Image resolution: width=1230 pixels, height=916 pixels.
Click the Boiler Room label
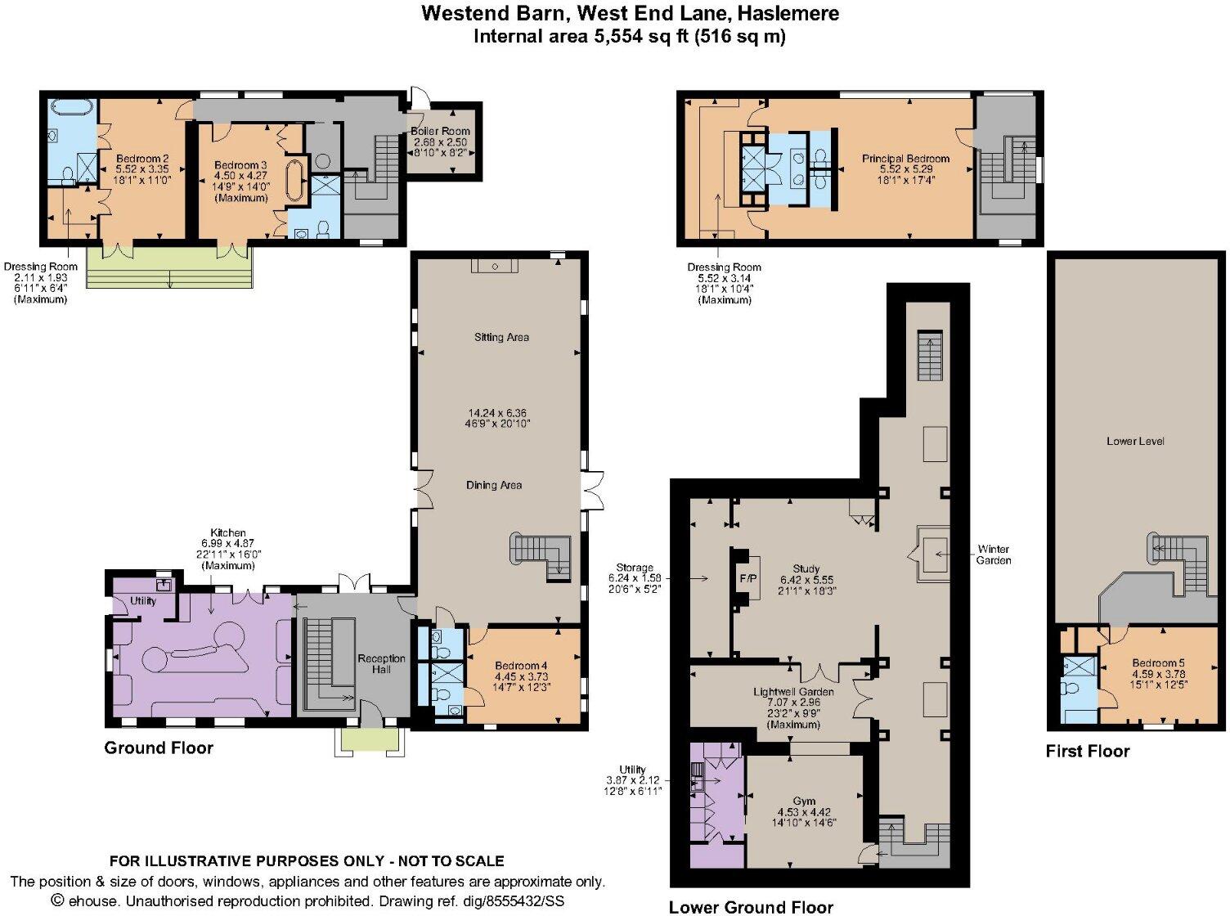point(441,132)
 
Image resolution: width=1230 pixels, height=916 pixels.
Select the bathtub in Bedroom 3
point(295,180)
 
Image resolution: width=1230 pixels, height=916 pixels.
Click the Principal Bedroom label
point(905,159)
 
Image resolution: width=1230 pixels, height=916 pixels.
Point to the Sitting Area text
point(501,337)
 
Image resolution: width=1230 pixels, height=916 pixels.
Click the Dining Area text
point(494,485)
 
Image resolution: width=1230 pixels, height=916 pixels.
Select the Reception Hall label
point(381,663)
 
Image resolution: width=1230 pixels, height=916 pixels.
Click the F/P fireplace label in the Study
point(748,578)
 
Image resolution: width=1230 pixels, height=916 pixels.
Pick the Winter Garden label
point(993,555)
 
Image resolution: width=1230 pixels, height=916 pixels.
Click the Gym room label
point(804,801)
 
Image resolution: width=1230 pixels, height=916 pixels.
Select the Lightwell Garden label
point(793,692)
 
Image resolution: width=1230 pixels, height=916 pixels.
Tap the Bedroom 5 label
point(1158,662)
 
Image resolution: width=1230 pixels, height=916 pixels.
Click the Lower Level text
point(1134,441)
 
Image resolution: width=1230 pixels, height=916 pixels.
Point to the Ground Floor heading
point(159,748)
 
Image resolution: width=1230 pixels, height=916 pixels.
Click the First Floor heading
point(1087,751)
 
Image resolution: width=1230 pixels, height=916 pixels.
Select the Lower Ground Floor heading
point(751,906)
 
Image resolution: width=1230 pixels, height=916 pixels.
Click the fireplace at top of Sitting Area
point(494,266)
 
